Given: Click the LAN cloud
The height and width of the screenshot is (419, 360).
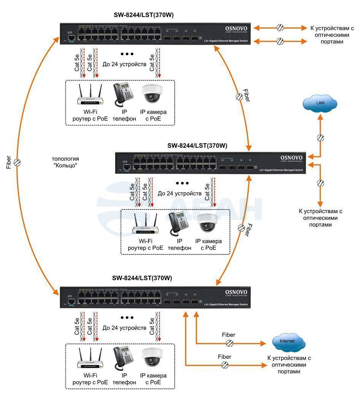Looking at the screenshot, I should [320, 103].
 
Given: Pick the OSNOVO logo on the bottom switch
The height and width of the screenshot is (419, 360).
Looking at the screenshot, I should [236, 293].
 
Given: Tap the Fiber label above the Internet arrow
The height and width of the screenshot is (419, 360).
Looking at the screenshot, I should [229, 335].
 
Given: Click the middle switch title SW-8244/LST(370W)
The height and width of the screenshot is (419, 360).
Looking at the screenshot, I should [197, 146].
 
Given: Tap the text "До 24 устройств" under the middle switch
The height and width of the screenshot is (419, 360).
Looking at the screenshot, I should [180, 194].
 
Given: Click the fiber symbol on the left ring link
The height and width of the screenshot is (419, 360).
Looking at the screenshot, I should [17, 163].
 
